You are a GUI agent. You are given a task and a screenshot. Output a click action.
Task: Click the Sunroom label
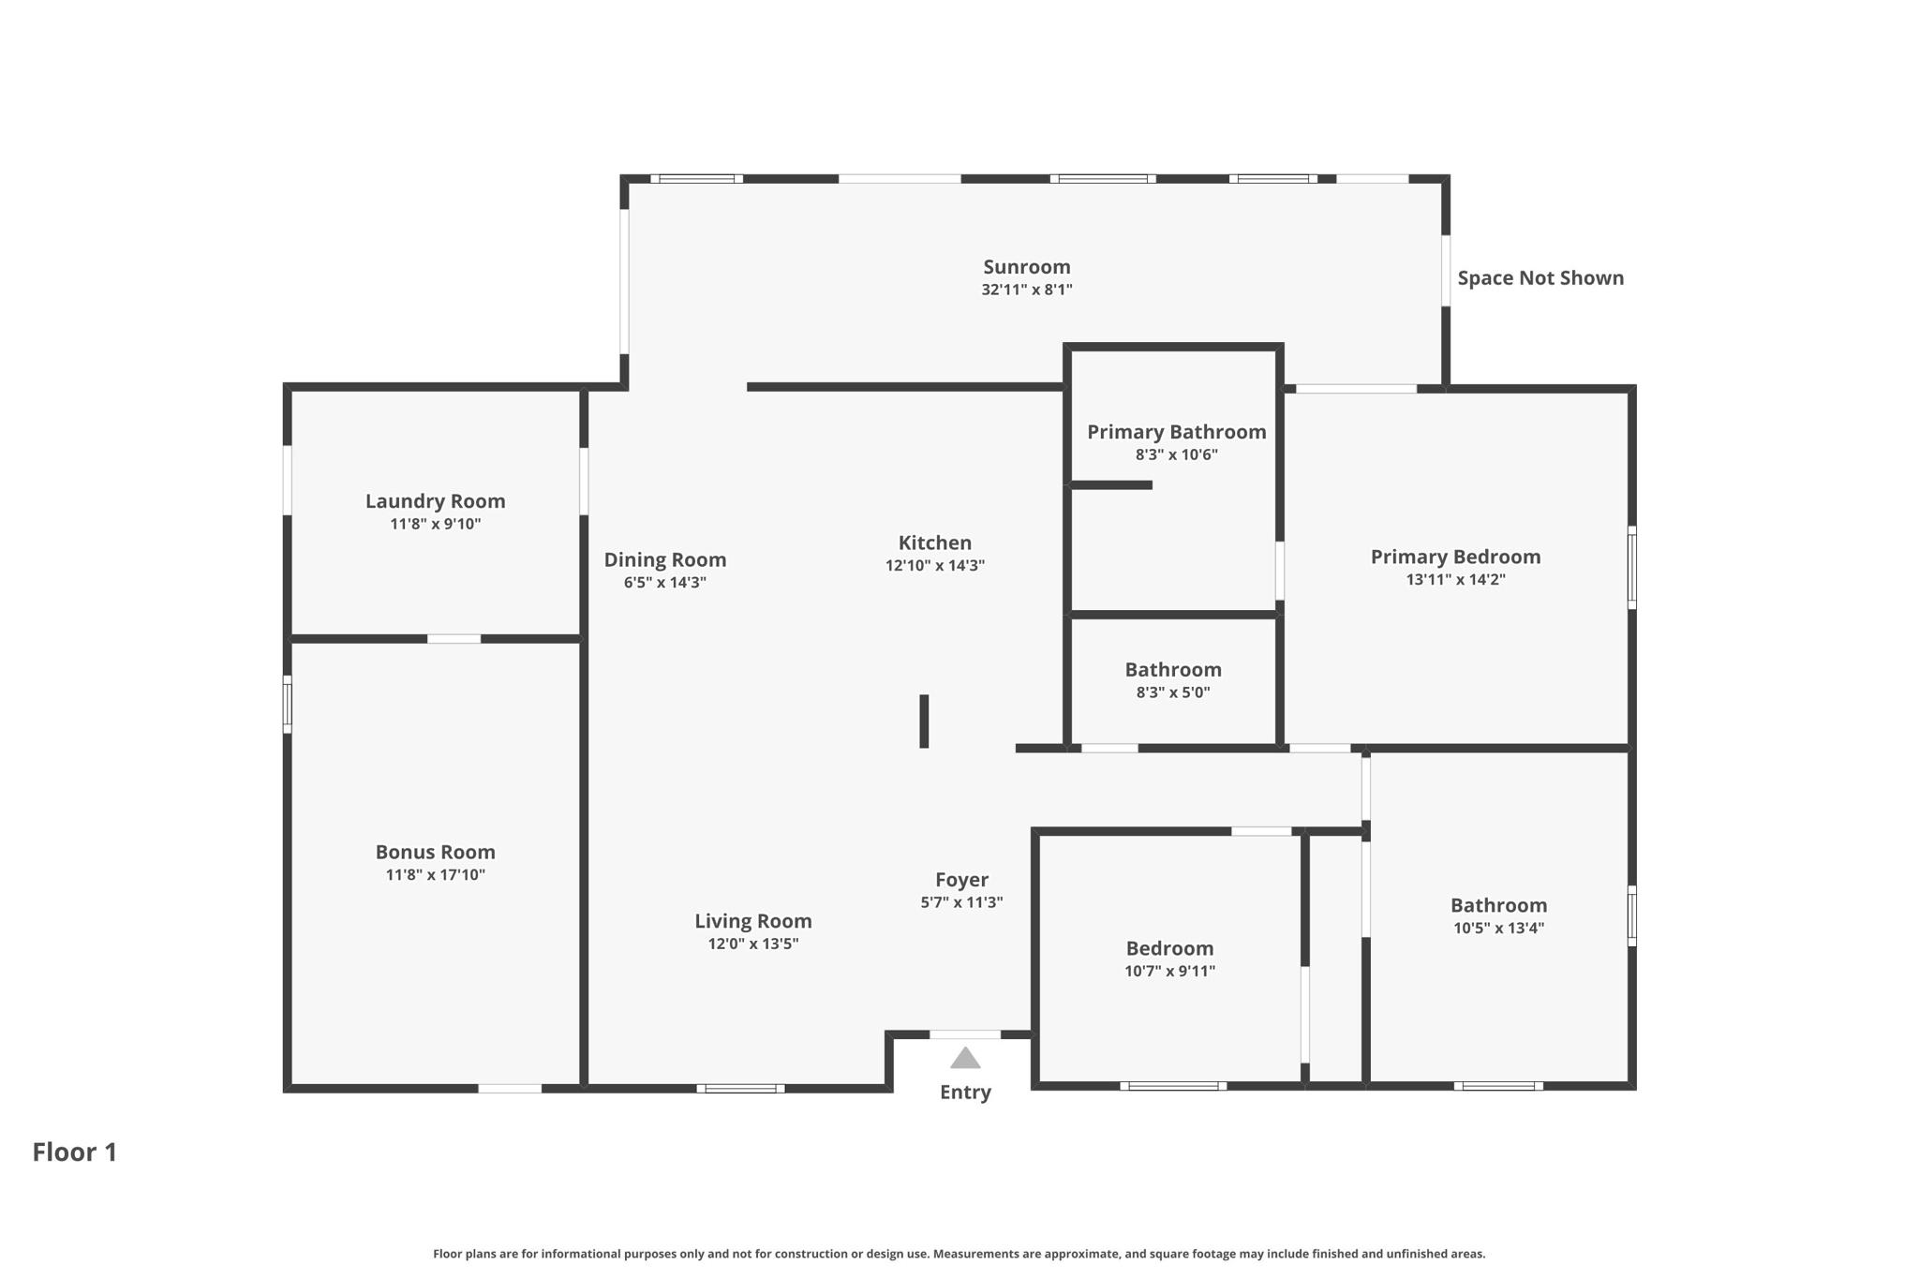tap(1026, 267)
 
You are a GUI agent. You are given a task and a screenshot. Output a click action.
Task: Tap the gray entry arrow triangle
tap(965, 1059)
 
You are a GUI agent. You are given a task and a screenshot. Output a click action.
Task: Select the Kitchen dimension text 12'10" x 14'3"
tap(934, 566)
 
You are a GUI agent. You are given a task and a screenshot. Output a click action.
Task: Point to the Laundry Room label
tap(435, 501)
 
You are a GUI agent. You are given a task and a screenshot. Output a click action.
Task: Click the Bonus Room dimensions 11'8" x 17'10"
tap(435, 875)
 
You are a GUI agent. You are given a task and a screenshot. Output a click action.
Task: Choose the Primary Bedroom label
tap(1455, 557)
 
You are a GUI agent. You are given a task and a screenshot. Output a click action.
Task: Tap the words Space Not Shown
tap(1540, 278)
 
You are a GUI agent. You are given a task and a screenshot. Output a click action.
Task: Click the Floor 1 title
tap(75, 1152)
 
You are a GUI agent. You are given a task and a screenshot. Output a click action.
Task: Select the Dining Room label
tap(664, 559)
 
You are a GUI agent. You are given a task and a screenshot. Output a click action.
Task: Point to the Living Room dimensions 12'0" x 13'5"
tap(752, 944)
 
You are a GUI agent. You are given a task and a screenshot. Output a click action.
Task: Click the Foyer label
tap(961, 880)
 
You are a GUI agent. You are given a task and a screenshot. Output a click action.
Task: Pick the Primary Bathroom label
tap(1176, 432)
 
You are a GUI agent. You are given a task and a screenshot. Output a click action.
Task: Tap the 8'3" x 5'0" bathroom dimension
tap(1173, 693)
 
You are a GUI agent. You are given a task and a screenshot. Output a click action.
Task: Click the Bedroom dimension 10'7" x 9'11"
tap(1169, 972)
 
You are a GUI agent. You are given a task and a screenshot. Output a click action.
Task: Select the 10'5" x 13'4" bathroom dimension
tap(1498, 929)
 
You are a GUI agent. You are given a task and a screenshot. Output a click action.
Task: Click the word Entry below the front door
tap(965, 1093)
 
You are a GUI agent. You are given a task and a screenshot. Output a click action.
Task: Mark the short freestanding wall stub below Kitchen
tap(924, 721)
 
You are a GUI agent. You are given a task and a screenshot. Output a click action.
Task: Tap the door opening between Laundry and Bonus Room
tap(454, 639)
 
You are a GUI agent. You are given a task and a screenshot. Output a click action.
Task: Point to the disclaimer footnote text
tap(959, 1254)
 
